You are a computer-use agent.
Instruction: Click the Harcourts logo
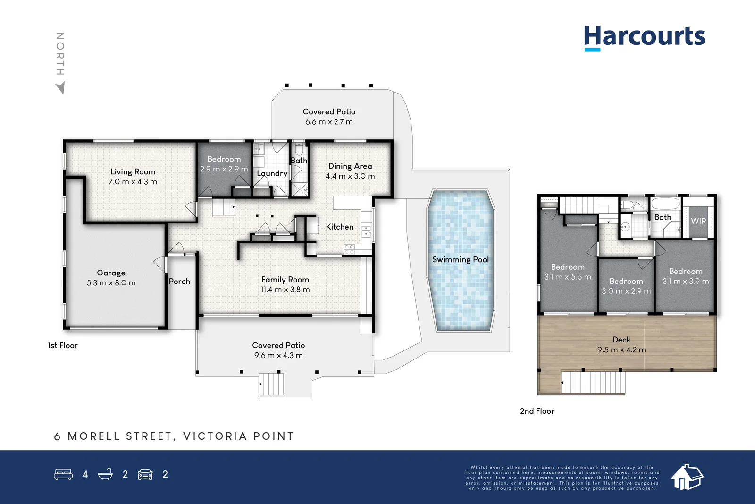coord(645,38)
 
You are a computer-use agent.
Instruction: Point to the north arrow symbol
coord(61,88)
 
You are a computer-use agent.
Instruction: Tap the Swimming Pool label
coord(461,259)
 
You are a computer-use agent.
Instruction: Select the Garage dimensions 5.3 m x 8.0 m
coord(111,282)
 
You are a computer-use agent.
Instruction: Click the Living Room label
coord(133,172)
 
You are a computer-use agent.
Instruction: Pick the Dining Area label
coord(350,166)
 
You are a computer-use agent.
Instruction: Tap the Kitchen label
coord(339,227)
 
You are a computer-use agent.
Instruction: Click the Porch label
coord(179,282)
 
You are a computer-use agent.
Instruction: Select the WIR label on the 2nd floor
coord(698,221)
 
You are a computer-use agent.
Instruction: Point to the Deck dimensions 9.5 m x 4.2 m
coord(621,350)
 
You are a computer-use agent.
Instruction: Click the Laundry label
coord(272,173)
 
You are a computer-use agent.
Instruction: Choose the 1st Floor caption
coord(63,345)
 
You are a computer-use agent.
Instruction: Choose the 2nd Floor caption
coord(537,411)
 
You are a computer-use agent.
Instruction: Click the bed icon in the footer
coord(63,474)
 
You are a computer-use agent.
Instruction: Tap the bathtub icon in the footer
coord(105,474)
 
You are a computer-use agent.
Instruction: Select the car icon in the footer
coord(145,474)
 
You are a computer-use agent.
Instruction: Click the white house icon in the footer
coord(687,477)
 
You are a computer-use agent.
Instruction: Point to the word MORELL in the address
coord(94,436)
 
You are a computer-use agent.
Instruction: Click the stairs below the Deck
coord(593,382)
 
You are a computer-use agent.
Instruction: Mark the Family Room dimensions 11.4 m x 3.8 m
coord(285,290)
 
